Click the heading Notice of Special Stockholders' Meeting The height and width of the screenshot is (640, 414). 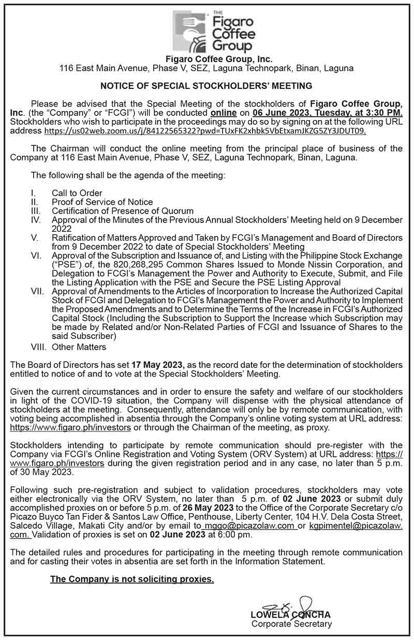206,85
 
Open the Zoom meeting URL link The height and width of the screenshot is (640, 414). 206,131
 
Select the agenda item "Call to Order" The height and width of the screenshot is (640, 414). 77,193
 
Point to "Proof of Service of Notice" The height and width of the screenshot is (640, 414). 102,202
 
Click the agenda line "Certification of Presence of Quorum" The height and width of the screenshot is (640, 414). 122,211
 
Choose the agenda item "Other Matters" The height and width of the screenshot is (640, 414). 79,347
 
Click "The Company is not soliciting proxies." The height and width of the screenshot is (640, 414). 132,579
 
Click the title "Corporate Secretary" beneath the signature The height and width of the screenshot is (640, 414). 291,624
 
